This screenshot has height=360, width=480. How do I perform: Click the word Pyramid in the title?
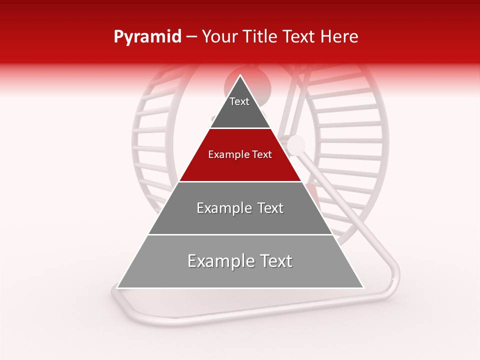click(x=147, y=37)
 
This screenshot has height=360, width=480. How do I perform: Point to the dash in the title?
click(x=191, y=37)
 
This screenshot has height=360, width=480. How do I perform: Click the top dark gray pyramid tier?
click(x=240, y=112)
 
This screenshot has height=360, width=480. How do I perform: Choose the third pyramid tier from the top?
click(x=240, y=220)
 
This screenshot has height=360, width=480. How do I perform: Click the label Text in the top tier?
click(x=239, y=101)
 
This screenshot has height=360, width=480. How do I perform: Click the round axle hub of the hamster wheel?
click(x=296, y=144)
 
